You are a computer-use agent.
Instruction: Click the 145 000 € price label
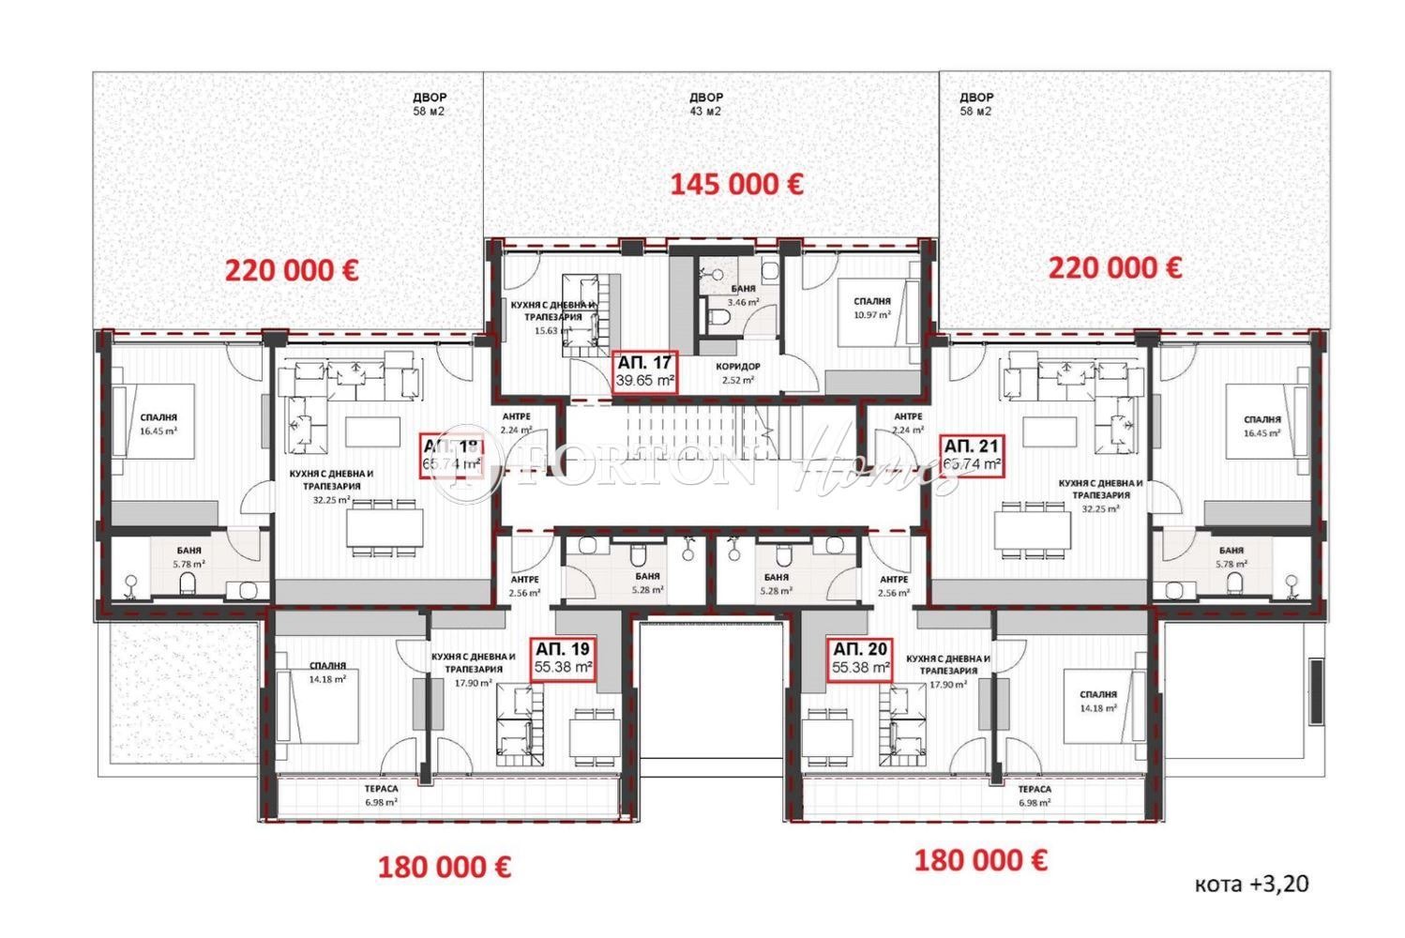pos(735,184)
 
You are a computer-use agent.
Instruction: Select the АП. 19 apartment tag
pos(563,658)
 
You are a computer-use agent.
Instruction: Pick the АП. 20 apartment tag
pos(861,658)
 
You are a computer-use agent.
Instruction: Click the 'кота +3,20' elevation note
pos(1251,884)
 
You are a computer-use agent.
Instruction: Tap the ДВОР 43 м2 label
pos(705,104)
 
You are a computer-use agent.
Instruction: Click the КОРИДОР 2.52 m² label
pos(738,372)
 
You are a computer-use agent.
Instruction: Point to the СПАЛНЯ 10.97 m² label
pos(872,307)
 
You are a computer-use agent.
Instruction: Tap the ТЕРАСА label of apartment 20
pos(1034,795)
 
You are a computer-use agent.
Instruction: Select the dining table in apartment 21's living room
pos(1034,530)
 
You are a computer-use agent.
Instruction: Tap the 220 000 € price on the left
pos(291,270)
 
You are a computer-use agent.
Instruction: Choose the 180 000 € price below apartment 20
pos(981,859)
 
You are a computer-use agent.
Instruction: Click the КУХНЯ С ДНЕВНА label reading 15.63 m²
pos(551,318)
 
